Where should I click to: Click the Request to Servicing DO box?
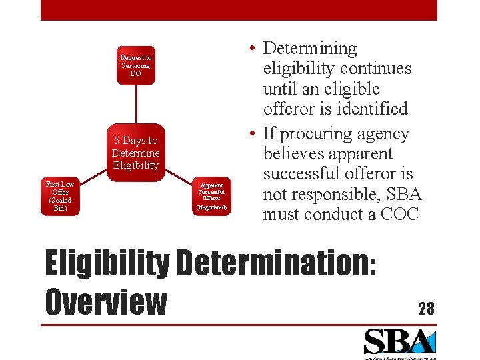(x=135, y=65)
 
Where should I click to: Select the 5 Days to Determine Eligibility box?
(x=135, y=153)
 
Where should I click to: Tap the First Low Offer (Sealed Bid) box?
(x=59, y=196)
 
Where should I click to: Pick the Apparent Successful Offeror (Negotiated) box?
(x=212, y=196)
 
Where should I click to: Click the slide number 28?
(x=426, y=308)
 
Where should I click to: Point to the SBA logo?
(x=399, y=343)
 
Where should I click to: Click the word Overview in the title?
(x=105, y=301)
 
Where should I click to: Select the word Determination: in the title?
(x=274, y=263)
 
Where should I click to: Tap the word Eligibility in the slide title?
(x=107, y=263)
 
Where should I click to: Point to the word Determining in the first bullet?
(x=310, y=48)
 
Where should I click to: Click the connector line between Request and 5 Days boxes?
(x=135, y=104)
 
